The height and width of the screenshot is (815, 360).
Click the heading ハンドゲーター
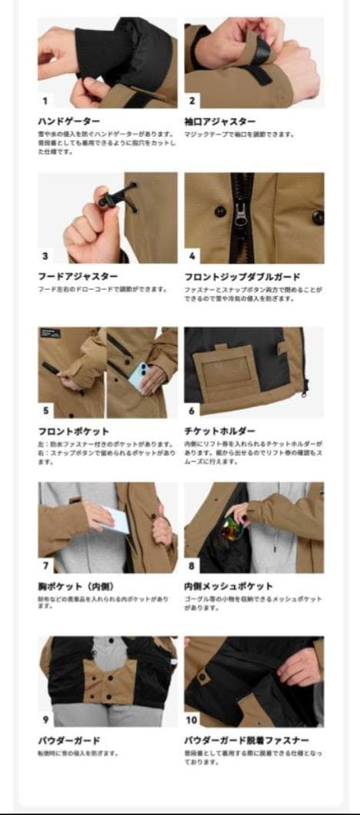click(x=69, y=121)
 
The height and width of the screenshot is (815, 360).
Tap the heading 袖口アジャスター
click(x=220, y=121)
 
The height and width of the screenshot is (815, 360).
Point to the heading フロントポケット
click(x=74, y=431)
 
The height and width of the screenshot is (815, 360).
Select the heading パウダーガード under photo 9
click(x=69, y=741)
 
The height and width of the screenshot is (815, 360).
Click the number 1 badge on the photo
click(x=45, y=100)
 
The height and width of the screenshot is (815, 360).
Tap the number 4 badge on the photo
click(x=192, y=255)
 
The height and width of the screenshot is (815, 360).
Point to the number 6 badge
click(x=192, y=411)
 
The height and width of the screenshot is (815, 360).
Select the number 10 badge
click(x=192, y=720)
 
